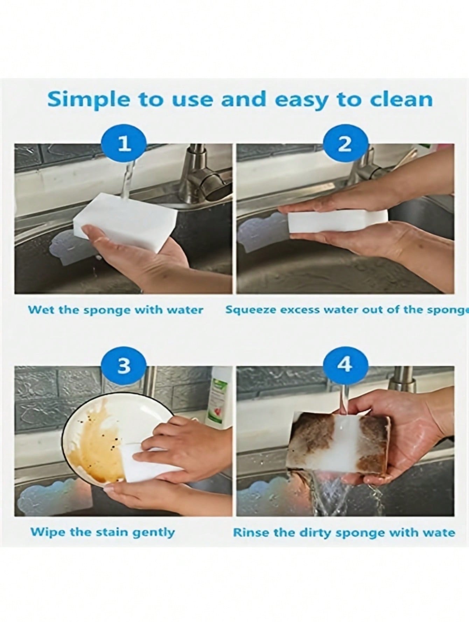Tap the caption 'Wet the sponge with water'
[116, 310]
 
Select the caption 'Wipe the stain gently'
[102, 533]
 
